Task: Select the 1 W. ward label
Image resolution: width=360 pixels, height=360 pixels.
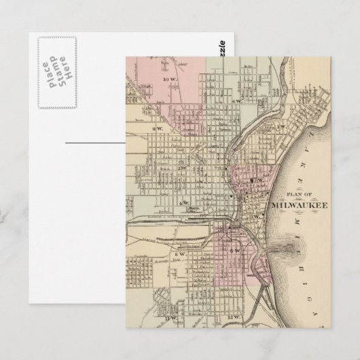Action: [278, 127]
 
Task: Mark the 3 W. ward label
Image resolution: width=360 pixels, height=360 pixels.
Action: [257, 216]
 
